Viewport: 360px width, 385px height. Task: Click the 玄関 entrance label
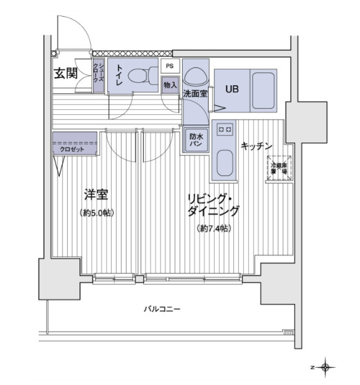point(65,73)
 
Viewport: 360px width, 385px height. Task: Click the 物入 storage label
point(170,85)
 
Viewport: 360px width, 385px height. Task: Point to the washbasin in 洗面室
point(196,77)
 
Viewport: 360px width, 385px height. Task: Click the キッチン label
point(256,146)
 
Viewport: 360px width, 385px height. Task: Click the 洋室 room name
point(97,196)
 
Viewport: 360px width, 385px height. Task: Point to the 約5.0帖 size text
point(98,213)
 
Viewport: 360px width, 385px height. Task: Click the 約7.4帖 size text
point(214,228)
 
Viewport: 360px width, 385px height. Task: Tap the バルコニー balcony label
point(162,308)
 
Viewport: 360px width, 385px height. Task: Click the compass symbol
point(325,368)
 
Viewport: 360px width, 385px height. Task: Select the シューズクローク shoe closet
point(98,76)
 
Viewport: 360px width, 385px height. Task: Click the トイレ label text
point(118,76)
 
